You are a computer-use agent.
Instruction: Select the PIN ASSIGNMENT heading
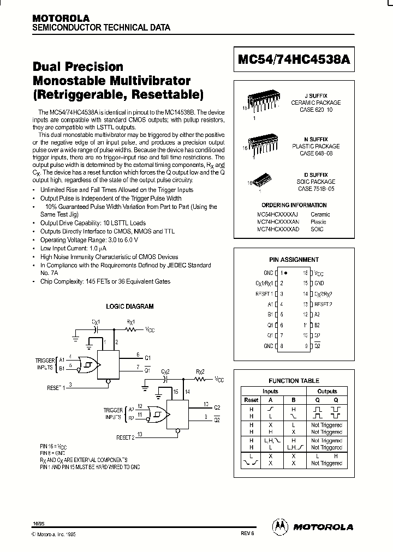coord(294,260)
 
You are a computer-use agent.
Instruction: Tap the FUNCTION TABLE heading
coord(294,381)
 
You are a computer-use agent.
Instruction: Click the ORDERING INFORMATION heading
coord(294,205)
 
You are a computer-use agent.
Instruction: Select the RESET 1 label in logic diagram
coord(56,387)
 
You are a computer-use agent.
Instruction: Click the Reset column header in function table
coord(251,400)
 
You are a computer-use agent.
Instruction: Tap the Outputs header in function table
coord(327,391)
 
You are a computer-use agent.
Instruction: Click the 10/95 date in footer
coord(39,523)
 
